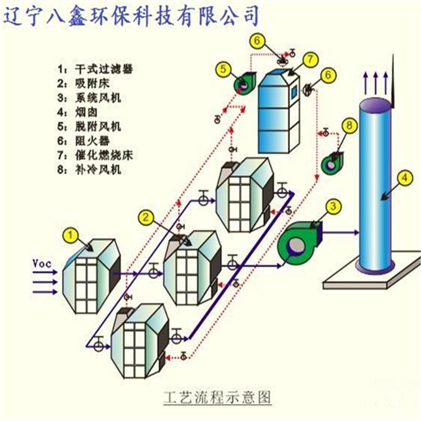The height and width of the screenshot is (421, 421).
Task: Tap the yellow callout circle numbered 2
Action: (x=147, y=217)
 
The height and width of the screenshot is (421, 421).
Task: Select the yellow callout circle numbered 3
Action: (x=334, y=207)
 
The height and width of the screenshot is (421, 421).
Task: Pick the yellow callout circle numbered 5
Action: (x=223, y=70)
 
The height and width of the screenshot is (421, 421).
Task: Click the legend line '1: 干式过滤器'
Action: (x=98, y=70)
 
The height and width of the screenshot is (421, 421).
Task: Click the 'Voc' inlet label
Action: (x=42, y=262)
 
